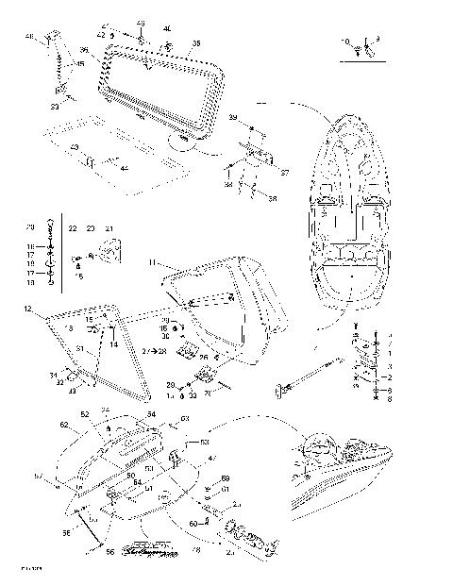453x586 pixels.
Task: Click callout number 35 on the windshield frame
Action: point(196,43)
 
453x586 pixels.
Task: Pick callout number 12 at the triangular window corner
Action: point(28,309)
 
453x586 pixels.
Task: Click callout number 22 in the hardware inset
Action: point(73,228)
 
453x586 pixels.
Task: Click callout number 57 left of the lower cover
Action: point(38,476)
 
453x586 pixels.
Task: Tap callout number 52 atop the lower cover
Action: point(84,413)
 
